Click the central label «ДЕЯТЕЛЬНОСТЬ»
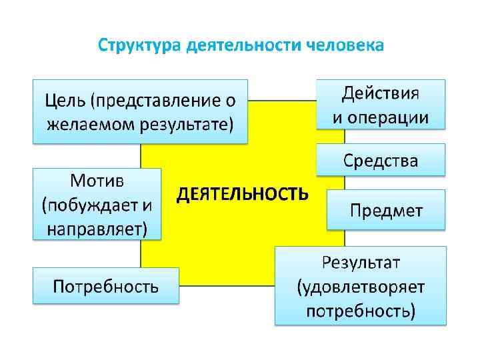pos(242,194)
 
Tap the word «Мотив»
pos(97,181)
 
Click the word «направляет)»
pos(97,229)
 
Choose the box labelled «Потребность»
pos(106,287)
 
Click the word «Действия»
pos(381,93)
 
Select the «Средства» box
pos(381,161)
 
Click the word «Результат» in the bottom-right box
pos(361,262)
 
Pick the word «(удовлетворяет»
pos(361,287)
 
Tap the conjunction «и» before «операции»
pos(338,117)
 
